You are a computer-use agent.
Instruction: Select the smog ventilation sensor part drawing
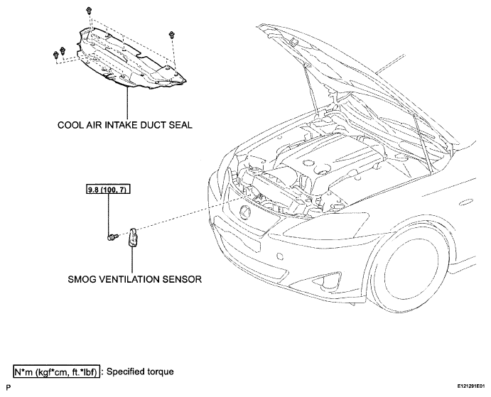[133, 238]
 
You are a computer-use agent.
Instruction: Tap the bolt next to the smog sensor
[112, 237]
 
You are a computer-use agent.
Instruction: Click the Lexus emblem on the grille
[245, 212]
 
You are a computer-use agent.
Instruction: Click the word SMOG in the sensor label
[82, 279]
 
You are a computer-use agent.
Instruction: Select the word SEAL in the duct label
[180, 125]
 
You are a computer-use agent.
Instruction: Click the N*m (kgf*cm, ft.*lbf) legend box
[57, 372]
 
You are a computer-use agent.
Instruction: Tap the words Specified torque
[140, 371]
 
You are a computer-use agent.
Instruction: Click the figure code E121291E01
[470, 386]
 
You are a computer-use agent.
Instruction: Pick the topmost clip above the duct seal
[89, 11]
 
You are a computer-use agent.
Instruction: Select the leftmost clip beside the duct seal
[56, 55]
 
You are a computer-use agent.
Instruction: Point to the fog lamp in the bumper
[326, 283]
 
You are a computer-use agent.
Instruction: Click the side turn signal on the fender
[468, 202]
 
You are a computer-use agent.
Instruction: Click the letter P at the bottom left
[8, 388]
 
